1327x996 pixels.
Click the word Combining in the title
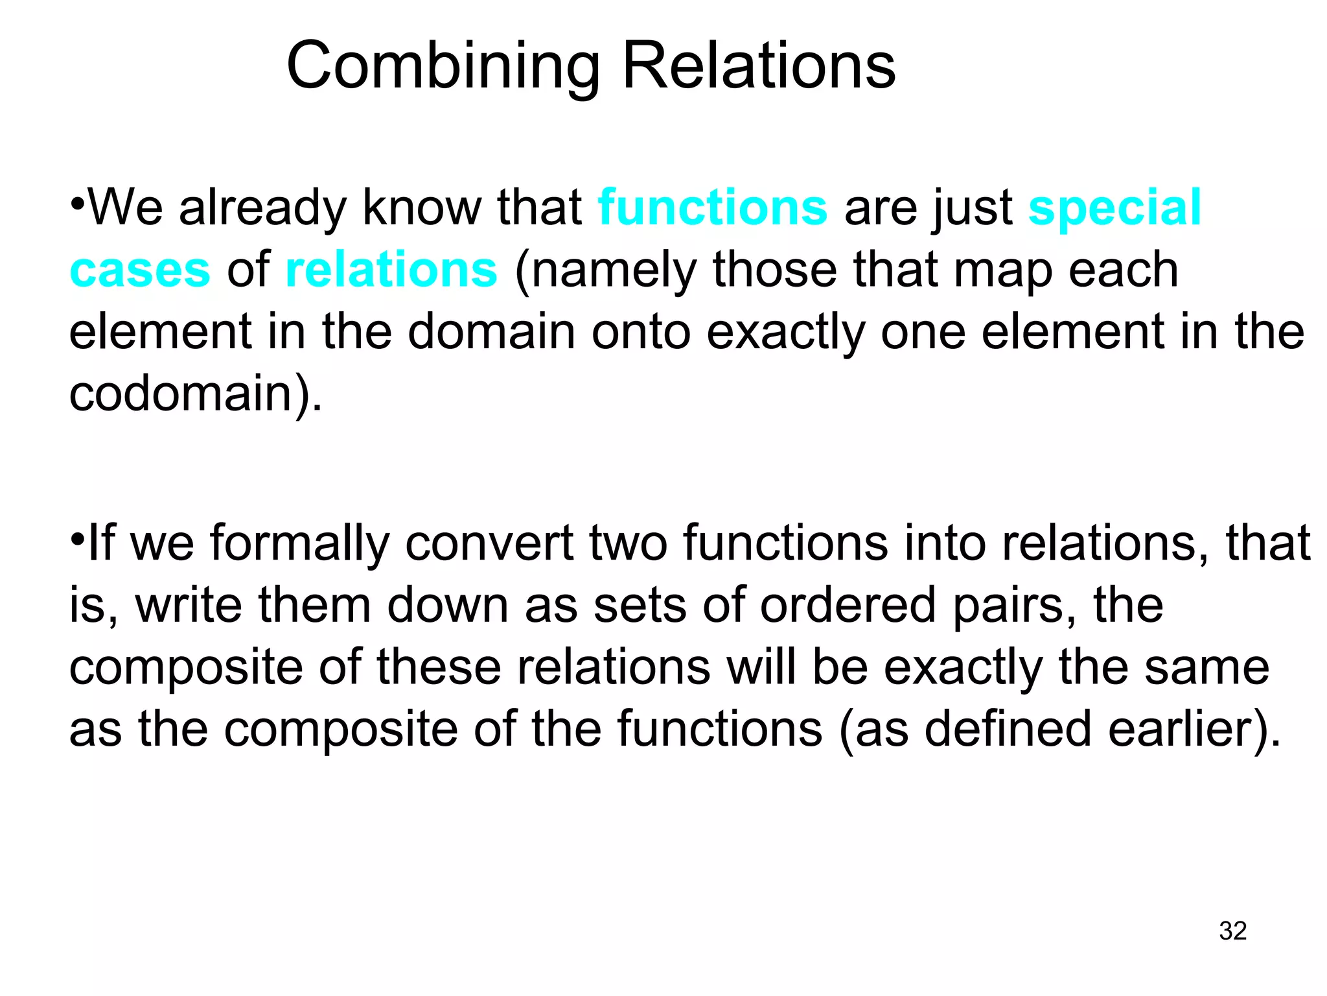tap(443, 66)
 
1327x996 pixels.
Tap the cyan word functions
tap(712, 207)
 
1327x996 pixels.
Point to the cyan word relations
tap(391, 270)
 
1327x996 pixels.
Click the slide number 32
tap(1232, 931)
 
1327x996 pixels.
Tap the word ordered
tap(848, 604)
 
